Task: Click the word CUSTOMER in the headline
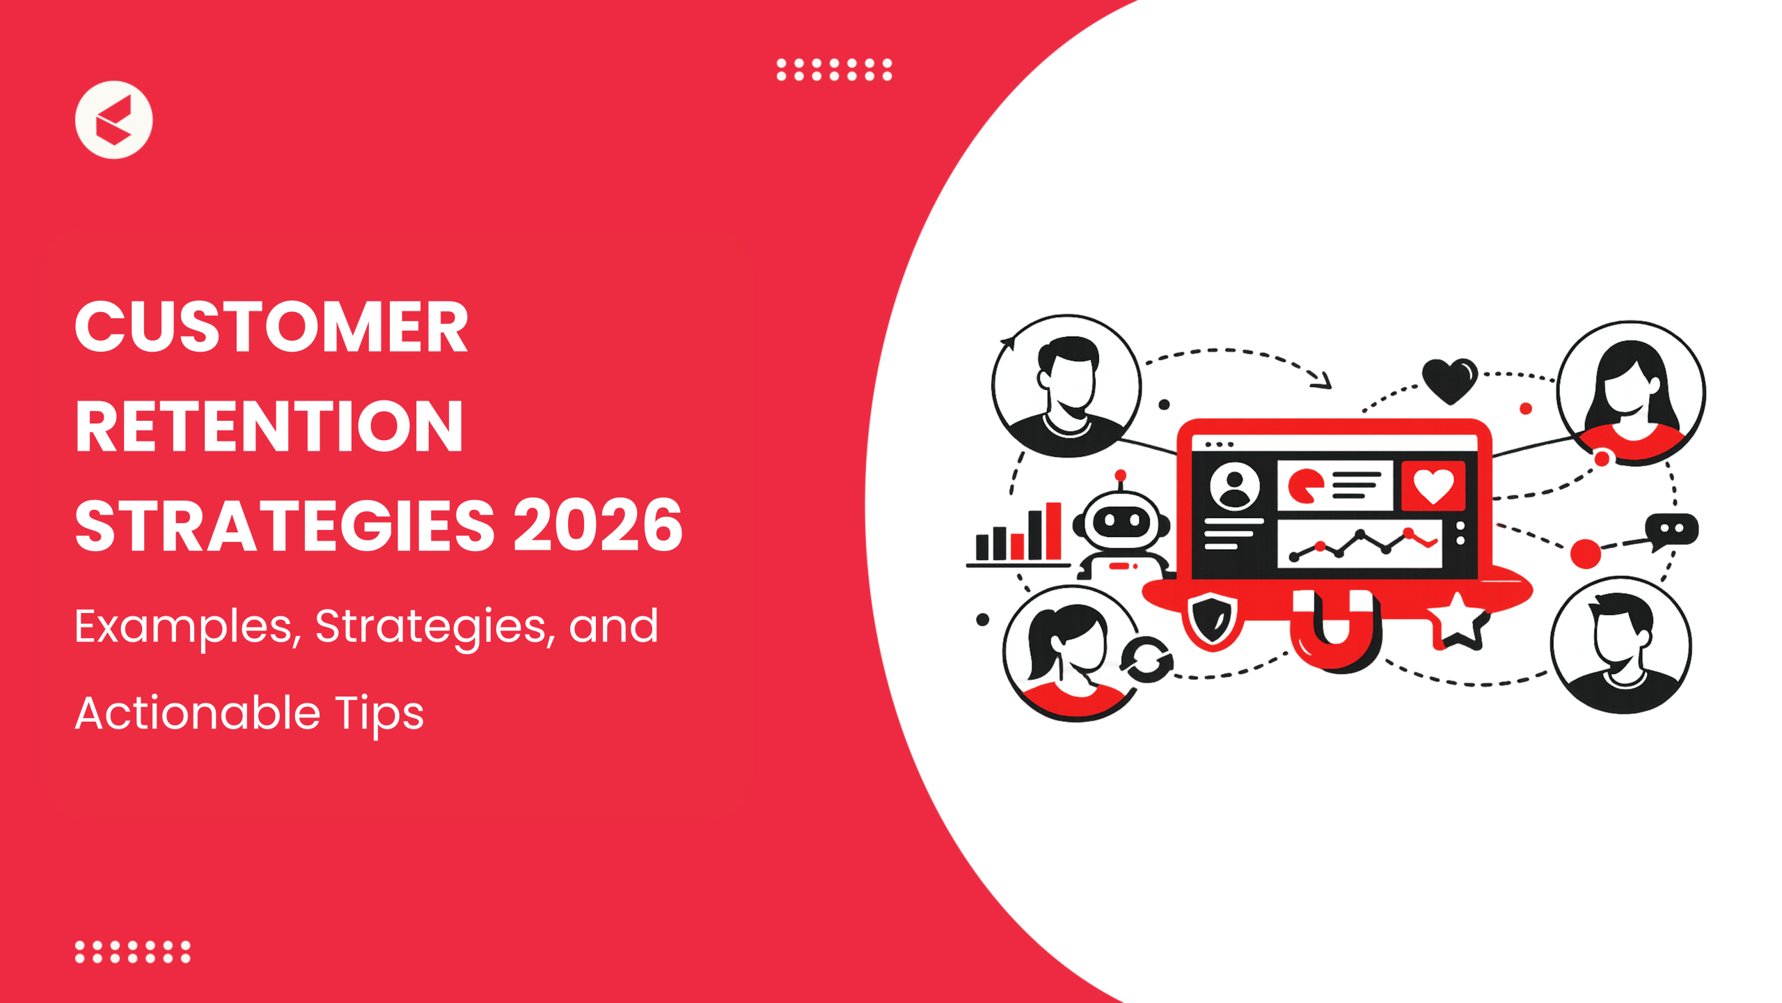click(271, 327)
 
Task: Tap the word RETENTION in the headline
click(269, 426)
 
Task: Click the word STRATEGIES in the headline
click(285, 525)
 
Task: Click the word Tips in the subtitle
click(379, 714)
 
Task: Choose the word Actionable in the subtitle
click(198, 713)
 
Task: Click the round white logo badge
click(113, 120)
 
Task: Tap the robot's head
click(1121, 519)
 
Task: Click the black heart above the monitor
click(1450, 380)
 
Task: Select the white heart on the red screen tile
click(1433, 485)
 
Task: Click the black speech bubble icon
click(1671, 531)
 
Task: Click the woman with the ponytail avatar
click(1072, 653)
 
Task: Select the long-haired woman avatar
click(1631, 393)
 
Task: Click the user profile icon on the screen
click(1235, 485)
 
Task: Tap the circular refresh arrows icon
click(1146, 659)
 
